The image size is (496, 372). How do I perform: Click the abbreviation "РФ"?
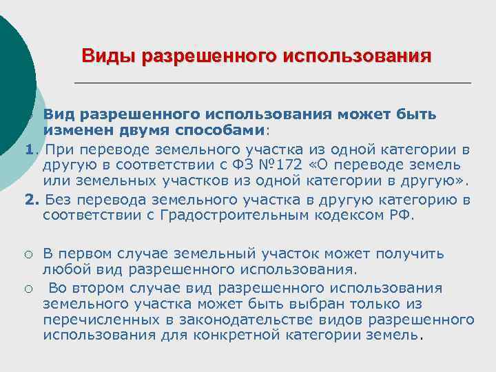point(400,216)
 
